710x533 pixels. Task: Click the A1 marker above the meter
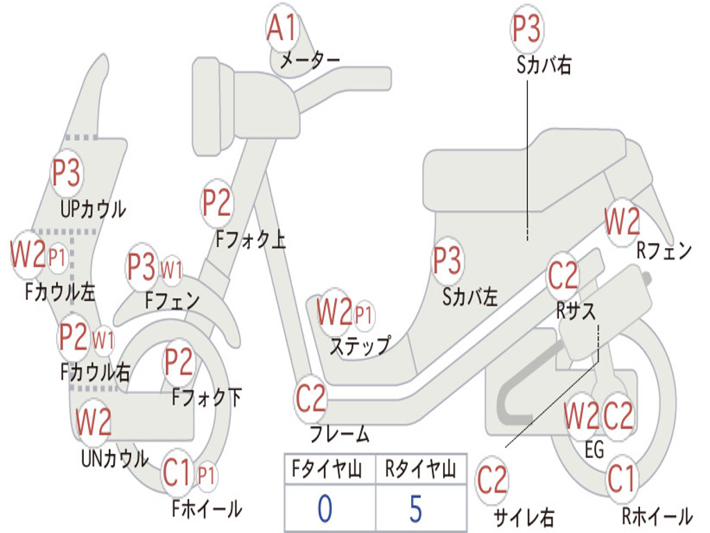point(282,29)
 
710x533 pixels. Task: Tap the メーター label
point(309,61)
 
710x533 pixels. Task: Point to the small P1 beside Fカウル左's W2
point(58,258)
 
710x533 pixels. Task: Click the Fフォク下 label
point(207,398)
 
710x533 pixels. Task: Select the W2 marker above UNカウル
point(94,421)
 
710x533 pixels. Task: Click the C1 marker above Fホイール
point(177,474)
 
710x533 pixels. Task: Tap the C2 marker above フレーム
point(311,398)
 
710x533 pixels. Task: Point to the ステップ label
point(359,345)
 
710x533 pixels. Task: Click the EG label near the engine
point(594,450)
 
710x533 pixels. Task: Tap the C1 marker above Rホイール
point(621,479)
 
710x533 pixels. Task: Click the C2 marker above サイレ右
point(492,480)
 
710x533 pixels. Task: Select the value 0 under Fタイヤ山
point(324,508)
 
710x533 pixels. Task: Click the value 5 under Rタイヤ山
point(415,508)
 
